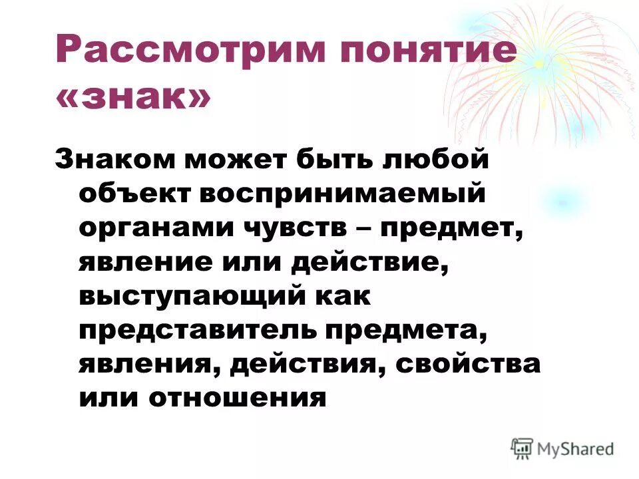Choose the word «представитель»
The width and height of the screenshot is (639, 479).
click(x=196, y=330)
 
